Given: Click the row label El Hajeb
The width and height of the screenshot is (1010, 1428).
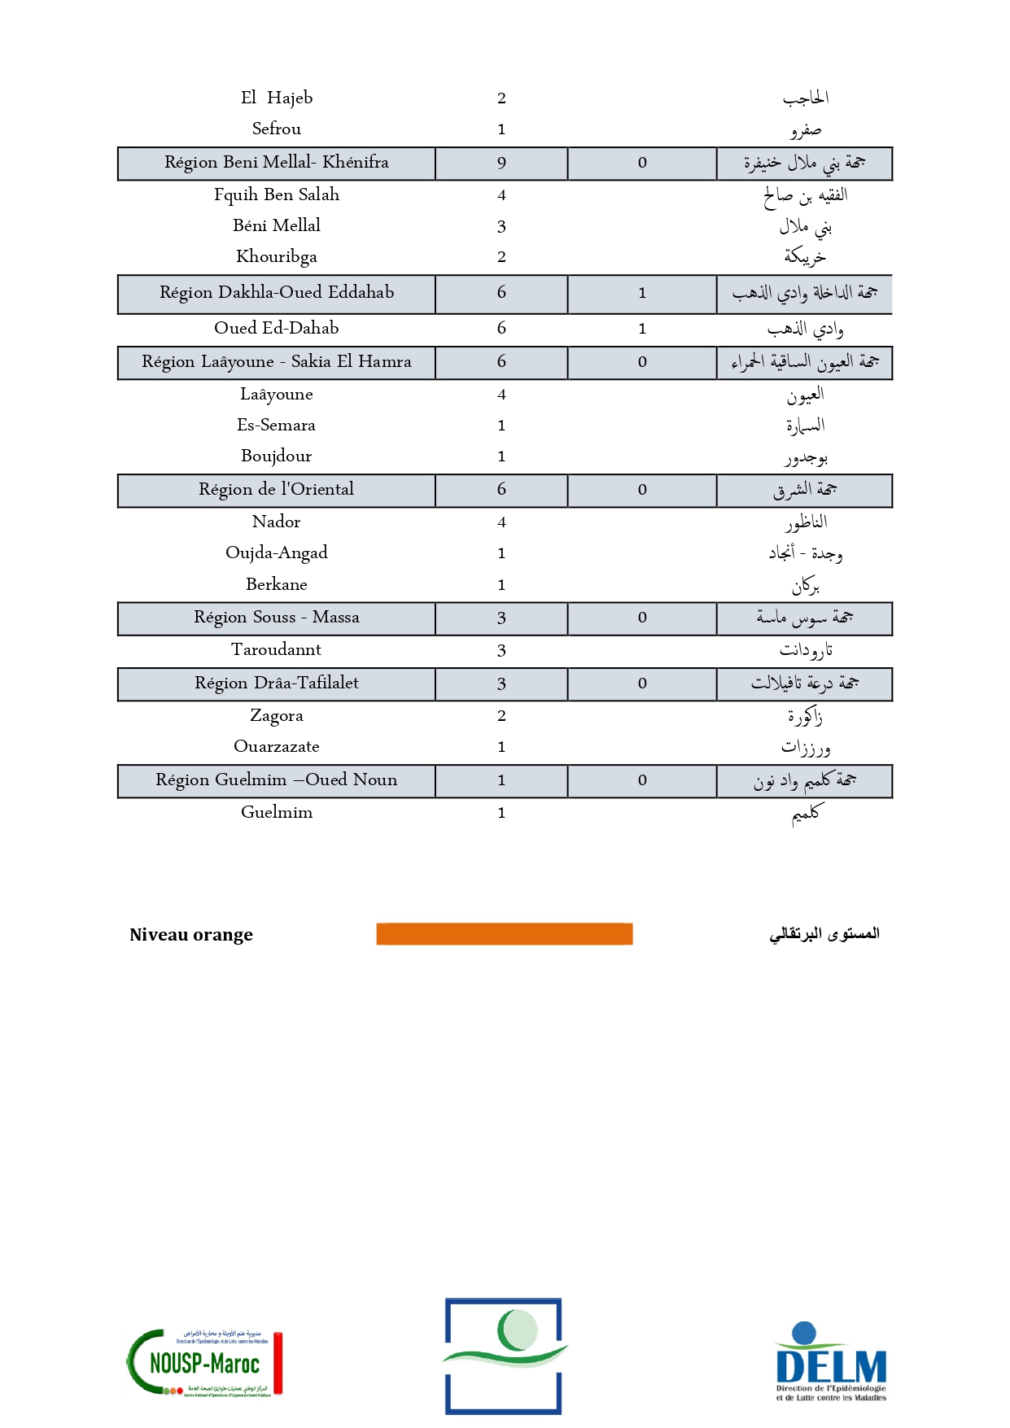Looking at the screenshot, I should tap(277, 98).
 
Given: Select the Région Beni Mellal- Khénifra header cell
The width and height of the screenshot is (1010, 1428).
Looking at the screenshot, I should tap(277, 163).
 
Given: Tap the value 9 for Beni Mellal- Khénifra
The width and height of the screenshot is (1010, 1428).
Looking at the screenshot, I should tap(501, 164).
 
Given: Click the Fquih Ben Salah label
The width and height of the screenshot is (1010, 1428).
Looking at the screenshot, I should tap(277, 195).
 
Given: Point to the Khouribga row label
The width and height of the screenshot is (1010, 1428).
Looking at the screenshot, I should tap(277, 257).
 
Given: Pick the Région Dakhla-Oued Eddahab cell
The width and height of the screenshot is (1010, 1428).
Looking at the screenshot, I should tap(277, 293).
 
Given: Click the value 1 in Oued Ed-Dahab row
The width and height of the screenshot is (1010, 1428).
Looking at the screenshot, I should tap(642, 329).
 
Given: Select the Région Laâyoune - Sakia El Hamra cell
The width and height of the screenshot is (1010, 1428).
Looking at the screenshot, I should tap(277, 362).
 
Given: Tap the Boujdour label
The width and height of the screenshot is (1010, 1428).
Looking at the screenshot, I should tap(277, 456).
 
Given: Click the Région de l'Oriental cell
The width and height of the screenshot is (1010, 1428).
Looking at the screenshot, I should tap(277, 490).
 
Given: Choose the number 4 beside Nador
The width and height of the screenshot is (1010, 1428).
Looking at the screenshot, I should tap(501, 522).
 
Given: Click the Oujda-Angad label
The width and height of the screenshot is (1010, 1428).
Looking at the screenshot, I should tap(277, 553).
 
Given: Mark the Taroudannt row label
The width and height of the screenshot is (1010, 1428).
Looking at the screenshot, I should tap(277, 650).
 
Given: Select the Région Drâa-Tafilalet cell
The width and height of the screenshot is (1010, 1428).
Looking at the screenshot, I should tap(277, 683).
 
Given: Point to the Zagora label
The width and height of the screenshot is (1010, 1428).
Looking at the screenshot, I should tap(277, 716).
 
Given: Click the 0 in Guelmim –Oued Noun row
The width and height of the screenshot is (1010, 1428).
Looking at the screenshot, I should tap(642, 780).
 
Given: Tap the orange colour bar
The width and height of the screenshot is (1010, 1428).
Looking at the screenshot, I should tap(504, 933).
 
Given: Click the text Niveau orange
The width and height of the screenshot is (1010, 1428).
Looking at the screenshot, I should tap(191, 935).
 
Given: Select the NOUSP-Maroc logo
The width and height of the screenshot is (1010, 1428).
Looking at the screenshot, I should tap(204, 1362).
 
